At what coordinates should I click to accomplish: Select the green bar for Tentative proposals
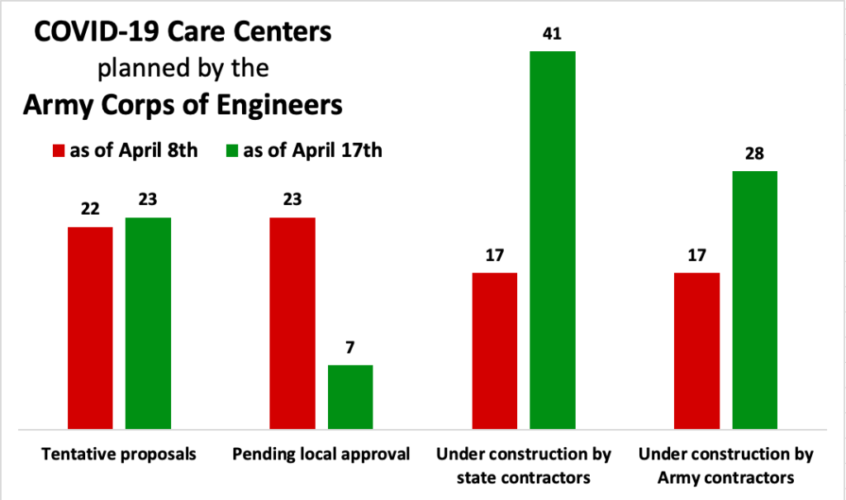[x=148, y=323]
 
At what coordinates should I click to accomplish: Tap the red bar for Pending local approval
[x=292, y=323]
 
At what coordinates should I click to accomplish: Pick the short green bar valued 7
[x=350, y=397]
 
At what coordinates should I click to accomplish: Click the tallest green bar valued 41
[x=553, y=240]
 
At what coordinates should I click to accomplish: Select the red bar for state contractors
[x=495, y=350]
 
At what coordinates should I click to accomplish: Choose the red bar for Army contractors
[x=697, y=350]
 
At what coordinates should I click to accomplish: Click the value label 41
[x=553, y=35]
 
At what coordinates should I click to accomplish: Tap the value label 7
[x=350, y=348]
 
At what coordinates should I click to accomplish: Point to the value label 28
[x=755, y=154]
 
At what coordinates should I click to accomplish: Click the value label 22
[x=90, y=210]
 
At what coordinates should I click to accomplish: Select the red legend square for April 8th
[x=59, y=151]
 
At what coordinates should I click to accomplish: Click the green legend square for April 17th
[x=231, y=151]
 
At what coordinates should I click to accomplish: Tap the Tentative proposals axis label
[x=119, y=455]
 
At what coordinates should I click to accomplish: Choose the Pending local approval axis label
[x=321, y=455]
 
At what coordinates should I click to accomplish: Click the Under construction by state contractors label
[x=524, y=465]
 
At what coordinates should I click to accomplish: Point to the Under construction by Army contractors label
[x=726, y=465]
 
